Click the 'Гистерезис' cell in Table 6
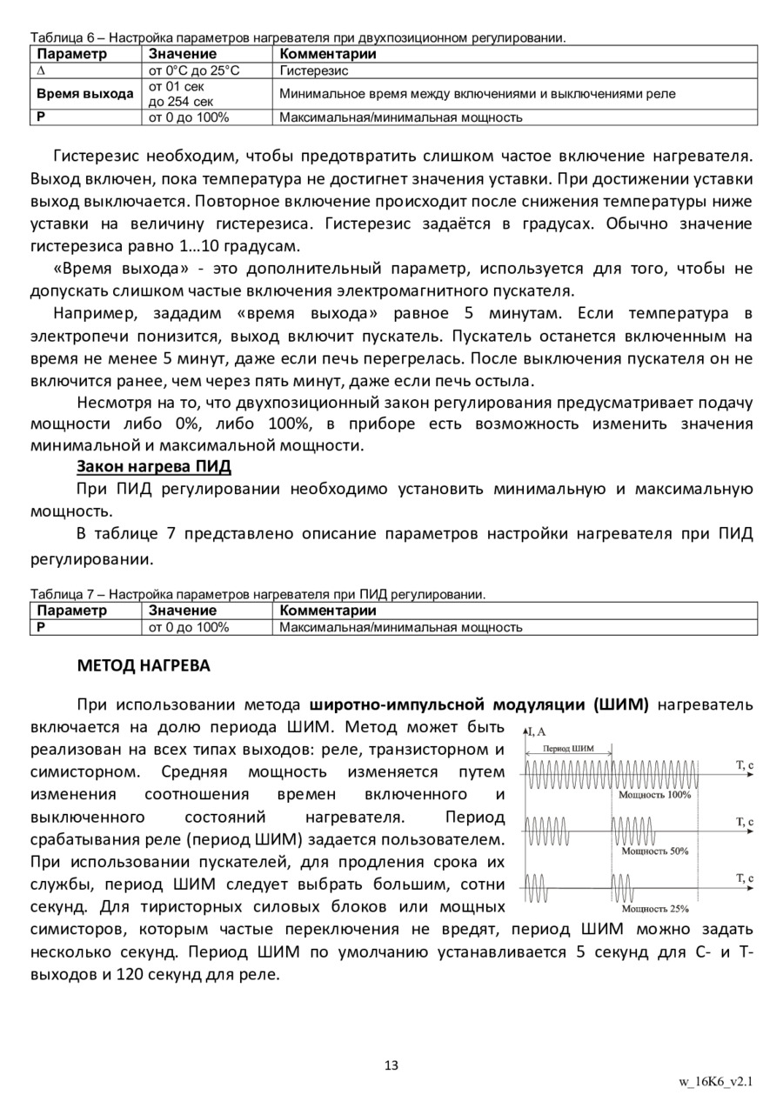(x=314, y=70)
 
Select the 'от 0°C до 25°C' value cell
(x=194, y=70)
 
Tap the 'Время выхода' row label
(x=85, y=94)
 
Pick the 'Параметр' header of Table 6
(x=71, y=54)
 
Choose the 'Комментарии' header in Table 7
(x=328, y=611)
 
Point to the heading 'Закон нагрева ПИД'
(x=154, y=467)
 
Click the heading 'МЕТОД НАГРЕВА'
(x=144, y=666)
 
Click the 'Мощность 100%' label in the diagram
(x=654, y=794)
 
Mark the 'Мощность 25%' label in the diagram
(x=655, y=909)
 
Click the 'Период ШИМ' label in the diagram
(x=568, y=747)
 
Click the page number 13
(x=391, y=1066)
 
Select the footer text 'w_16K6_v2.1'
(x=715, y=1082)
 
